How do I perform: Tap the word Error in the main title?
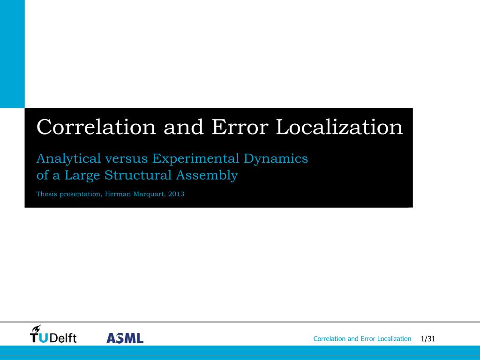pos(240,127)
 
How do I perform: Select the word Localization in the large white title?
pos(339,127)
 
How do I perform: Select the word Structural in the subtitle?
pos(138,175)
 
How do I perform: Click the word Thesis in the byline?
pos(46,194)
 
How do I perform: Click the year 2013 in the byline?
pos(176,194)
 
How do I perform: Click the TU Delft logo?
pos(53,334)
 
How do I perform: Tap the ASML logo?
pos(125,338)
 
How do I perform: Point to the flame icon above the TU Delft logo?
pos(37,329)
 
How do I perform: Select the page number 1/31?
pos(428,339)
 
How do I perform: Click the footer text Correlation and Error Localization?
pos(362,339)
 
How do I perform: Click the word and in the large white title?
pos(184,127)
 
